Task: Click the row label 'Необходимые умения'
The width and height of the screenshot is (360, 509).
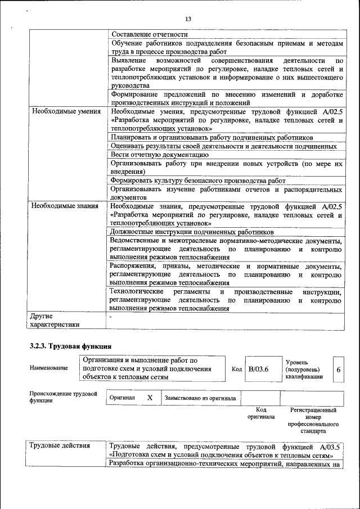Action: (62, 111)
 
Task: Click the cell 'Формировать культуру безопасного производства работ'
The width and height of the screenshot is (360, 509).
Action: (198, 181)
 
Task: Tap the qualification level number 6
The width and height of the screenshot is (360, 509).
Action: (338, 370)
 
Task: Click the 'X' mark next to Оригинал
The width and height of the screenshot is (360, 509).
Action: (150, 397)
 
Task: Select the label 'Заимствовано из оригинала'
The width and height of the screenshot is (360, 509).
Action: (200, 398)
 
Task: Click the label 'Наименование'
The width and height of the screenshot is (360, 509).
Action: (49, 368)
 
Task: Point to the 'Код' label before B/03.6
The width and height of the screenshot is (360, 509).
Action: (237, 369)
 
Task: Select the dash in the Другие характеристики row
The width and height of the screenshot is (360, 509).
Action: (111, 317)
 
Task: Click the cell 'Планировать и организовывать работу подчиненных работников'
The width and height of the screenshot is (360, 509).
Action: (211, 137)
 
